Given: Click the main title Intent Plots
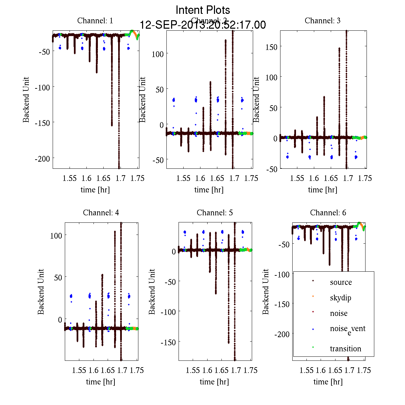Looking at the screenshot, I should [x=203, y=10].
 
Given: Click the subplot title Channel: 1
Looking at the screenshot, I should [x=95, y=21].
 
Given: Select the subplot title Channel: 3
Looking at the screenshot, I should [x=322, y=21].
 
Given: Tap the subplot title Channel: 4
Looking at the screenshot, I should [x=101, y=213].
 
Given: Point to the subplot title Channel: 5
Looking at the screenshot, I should [x=215, y=213].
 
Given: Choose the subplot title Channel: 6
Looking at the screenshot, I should [x=328, y=213].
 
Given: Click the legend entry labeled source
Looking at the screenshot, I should [x=341, y=282].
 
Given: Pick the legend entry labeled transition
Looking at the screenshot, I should [x=345, y=349].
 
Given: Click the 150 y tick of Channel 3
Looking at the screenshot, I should [x=271, y=47].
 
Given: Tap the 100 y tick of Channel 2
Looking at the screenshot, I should [x=158, y=54].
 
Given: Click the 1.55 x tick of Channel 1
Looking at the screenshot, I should [x=70, y=178].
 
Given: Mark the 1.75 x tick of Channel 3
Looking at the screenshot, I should [x=365, y=178].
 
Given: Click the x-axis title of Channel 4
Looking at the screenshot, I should [x=101, y=382].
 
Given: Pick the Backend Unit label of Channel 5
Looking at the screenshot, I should [x=152, y=292].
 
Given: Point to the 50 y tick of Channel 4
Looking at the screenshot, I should [x=58, y=277].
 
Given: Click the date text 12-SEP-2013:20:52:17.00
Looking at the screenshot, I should [x=203, y=25].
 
